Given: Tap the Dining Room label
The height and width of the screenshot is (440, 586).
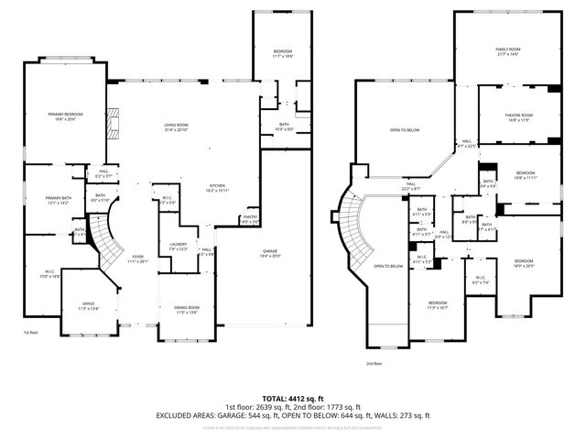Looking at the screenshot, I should tap(187, 311).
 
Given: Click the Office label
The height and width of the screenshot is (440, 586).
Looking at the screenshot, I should tap(89, 306).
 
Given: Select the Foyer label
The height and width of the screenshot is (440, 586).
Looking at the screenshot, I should tap(137, 258).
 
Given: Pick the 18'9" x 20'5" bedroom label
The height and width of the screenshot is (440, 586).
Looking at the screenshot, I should tap(523, 264).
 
